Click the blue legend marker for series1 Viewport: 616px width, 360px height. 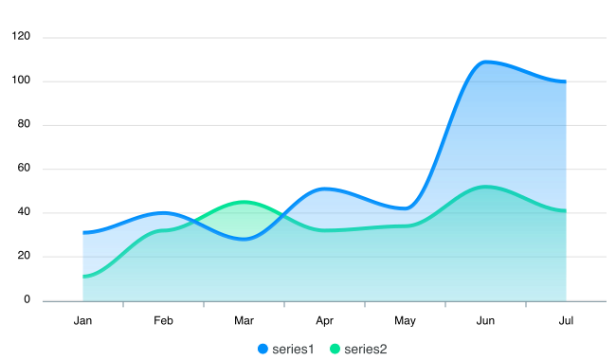[263, 350]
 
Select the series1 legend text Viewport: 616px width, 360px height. [293, 350]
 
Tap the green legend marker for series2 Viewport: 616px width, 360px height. [335, 350]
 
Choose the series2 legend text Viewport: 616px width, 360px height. [366, 350]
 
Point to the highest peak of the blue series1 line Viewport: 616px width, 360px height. [487, 62]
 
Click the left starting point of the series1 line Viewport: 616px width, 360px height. [83, 231]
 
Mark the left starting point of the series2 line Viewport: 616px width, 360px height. [83, 276]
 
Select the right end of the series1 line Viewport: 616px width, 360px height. [566, 81]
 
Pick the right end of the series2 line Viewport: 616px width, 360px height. [566, 209]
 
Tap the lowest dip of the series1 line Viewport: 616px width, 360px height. [244, 239]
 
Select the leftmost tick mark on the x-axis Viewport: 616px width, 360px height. [123, 304]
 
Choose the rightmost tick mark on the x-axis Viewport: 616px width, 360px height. [526, 304]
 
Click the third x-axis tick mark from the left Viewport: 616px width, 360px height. [284, 304]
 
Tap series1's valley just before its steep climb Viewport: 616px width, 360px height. [407, 206]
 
